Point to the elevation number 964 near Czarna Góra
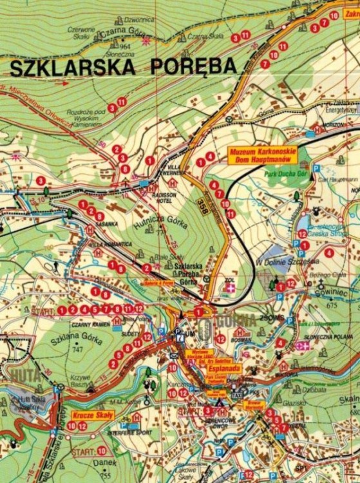tap(125, 46)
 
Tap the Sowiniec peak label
tap(331, 291)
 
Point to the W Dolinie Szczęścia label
tap(287, 262)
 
